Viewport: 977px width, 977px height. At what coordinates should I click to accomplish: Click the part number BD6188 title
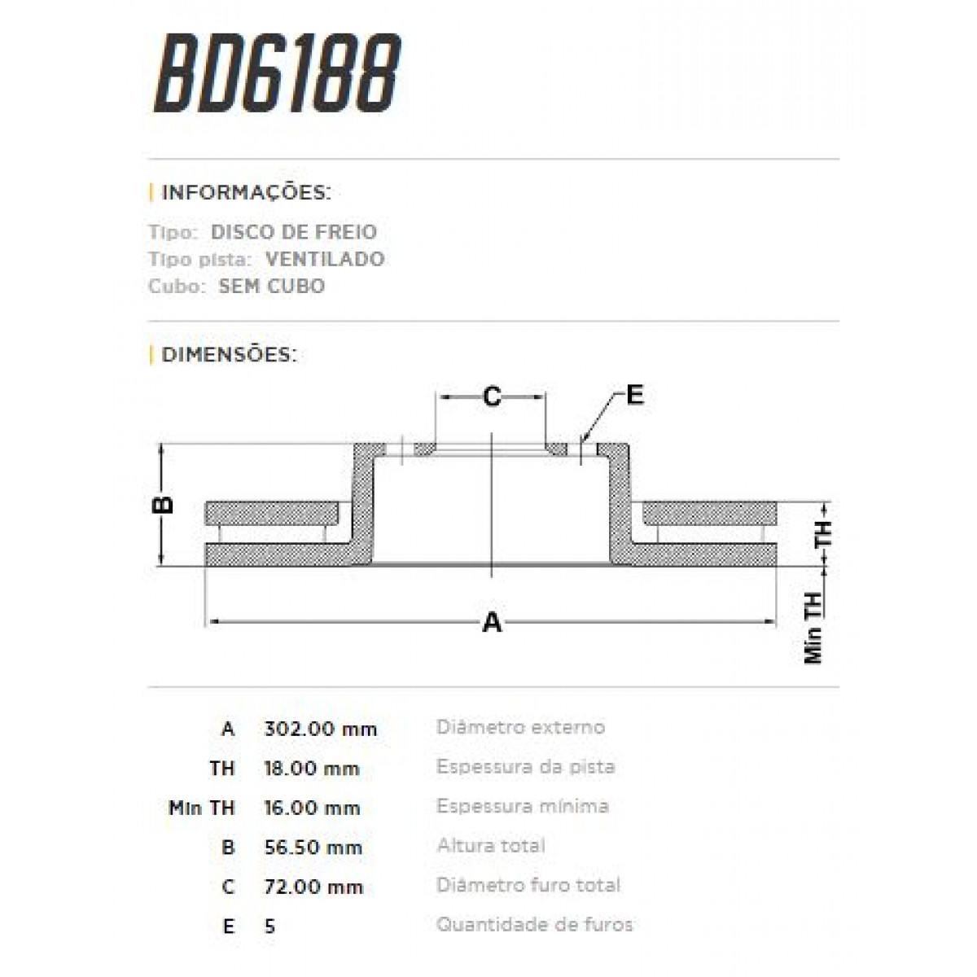[x=277, y=74]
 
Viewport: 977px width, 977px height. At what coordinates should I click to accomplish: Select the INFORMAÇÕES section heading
[x=246, y=193]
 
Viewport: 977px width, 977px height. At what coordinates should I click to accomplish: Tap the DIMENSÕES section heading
[x=229, y=355]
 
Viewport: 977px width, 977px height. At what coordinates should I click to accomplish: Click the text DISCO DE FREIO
[x=294, y=232]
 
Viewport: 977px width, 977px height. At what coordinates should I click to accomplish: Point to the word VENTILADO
[x=325, y=259]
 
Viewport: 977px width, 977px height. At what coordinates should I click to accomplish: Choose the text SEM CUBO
[x=272, y=287]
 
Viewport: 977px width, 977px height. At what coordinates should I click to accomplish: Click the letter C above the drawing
[x=492, y=396]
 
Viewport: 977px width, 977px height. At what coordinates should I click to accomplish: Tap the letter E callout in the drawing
[x=634, y=395]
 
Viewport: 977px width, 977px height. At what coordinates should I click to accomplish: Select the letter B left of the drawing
[x=164, y=504]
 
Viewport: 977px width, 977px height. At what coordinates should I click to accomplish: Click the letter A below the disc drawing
[x=492, y=623]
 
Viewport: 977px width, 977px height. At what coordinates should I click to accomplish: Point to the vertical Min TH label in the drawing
[x=813, y=627]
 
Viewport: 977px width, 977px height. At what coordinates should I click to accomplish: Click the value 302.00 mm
[x=321, y=729]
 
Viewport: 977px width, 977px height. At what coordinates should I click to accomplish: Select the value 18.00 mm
[x=312, y=769]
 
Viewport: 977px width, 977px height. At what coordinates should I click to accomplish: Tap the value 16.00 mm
[x=312, y=808]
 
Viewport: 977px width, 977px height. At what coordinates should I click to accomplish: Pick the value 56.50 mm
[x=313, y=848]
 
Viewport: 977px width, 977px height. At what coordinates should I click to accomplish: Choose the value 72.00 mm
[x=313, y=887]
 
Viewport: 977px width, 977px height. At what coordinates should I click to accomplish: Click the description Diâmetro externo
[x=520, y=727]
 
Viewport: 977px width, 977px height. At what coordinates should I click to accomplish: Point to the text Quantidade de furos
[x=534, y=925]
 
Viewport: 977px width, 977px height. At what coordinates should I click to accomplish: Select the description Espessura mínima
[x=522, y=806]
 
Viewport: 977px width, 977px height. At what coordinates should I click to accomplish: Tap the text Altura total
[x=491, y=846]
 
